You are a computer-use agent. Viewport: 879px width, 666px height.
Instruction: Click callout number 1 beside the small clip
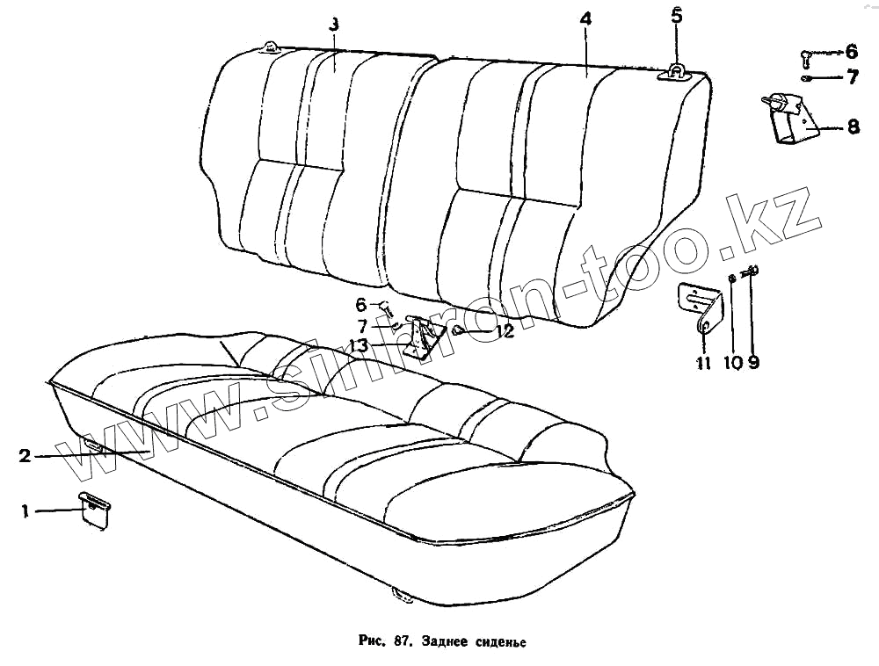(25, 510)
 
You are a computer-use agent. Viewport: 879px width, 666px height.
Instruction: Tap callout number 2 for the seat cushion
(25, 455)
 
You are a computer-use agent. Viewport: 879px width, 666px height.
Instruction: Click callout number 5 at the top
(676, 15)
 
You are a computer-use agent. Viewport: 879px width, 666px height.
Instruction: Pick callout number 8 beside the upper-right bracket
(853, 127)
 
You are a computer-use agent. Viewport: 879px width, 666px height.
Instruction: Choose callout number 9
(753, 361)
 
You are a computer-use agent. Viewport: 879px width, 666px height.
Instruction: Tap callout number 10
(732, 361)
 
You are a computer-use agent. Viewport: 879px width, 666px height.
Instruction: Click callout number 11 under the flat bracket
(703, 362)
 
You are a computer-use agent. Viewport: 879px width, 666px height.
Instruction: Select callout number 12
(504, 331)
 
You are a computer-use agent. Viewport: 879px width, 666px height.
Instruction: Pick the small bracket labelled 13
(421, 339)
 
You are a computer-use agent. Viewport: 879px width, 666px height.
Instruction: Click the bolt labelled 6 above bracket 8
(807, 57)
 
